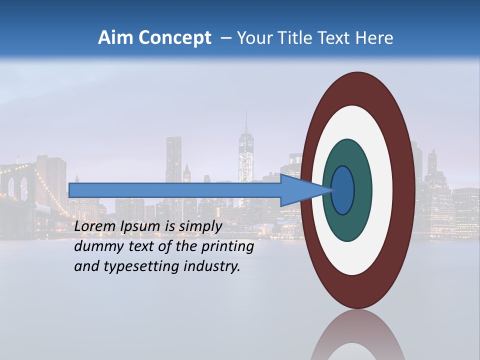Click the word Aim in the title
115,38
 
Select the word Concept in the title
174,38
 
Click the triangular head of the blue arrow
298,190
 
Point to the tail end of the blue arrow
71,190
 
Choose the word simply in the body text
200,226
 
